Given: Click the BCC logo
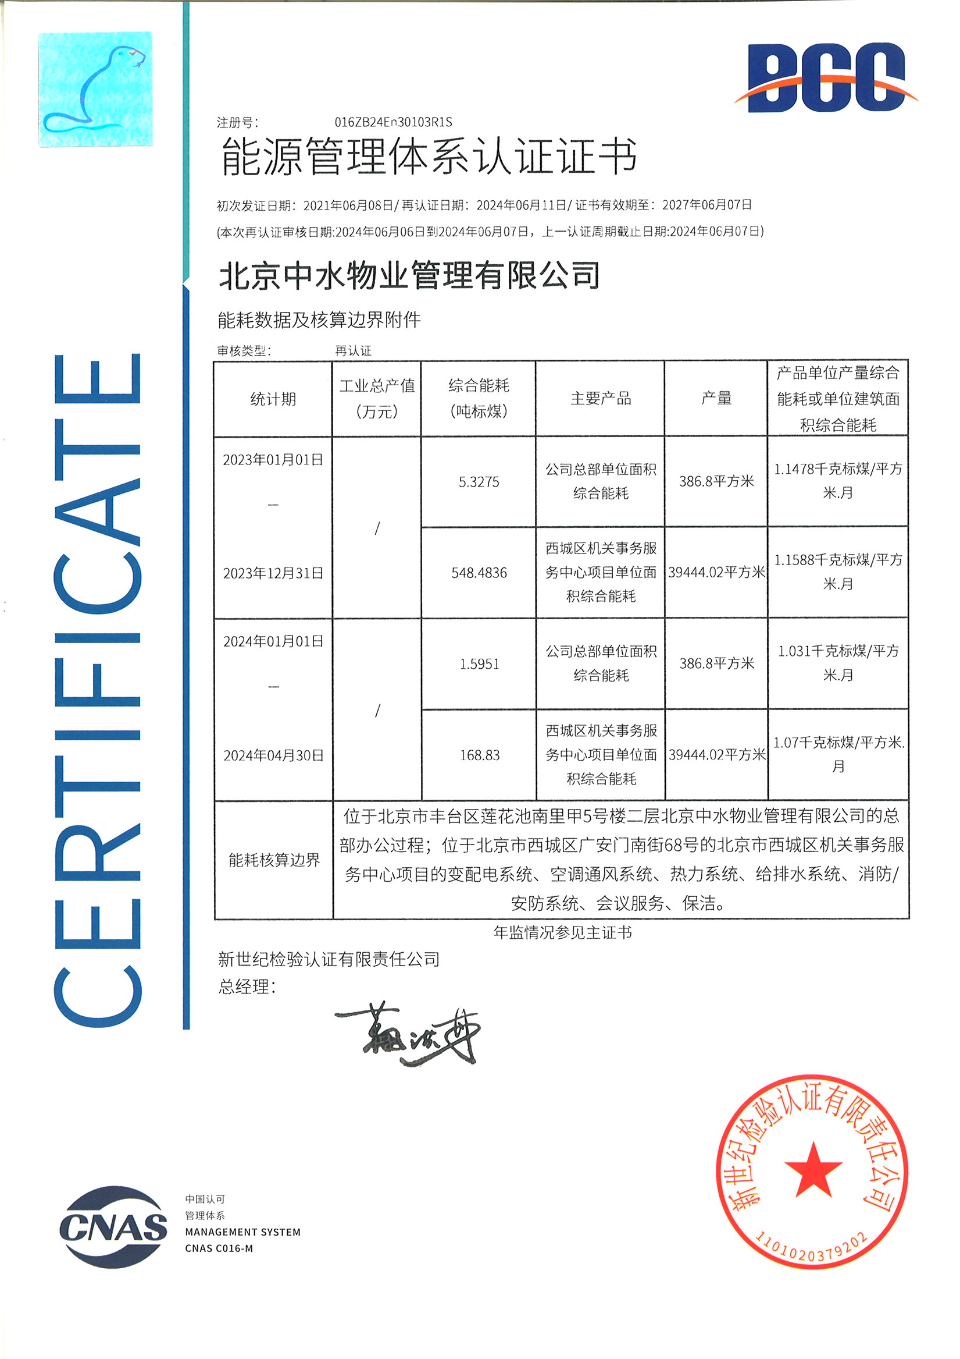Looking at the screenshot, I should [x=826, y=77].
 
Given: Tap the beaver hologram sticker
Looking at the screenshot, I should [x=95, y=89].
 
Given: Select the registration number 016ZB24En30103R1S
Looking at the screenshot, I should [x=392, y=123].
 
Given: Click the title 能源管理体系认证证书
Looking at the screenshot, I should [x=429, y=157].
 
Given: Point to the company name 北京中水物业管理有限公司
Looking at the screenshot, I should [x=409, y=276].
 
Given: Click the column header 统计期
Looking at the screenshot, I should [x=273, y=399].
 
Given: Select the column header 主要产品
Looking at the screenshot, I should [x=601, y=398].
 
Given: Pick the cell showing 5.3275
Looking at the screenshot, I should [x=479, y=482].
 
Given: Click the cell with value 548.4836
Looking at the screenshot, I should [x=479, y=573].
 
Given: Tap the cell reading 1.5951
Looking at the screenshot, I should [x=479, y=664].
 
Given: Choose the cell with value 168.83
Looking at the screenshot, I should [x=479, y=755].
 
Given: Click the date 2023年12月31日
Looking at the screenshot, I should [x=273, y=573].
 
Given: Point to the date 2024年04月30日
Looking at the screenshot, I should [x=273, y=755].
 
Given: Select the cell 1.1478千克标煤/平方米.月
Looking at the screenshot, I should [x=837, y=481].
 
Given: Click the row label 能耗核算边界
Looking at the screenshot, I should [x=274, y=860].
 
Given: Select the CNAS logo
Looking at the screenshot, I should [x=113, y=1227].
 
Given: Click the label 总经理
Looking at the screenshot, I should [x=245, y=987].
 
